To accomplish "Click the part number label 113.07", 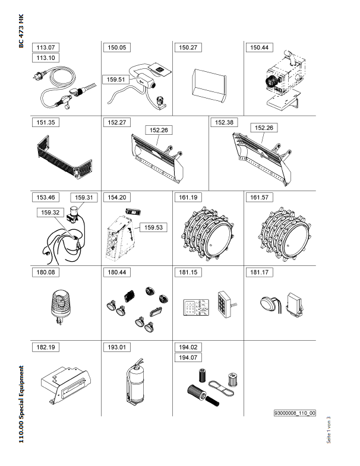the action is tap(46, 47).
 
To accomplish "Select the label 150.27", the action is tap(188, 47).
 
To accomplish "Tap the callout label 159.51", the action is tap(116, 80).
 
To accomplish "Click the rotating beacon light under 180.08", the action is tap(61, 307).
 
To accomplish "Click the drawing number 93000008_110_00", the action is tap(295, 413).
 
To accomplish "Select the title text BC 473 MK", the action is tap(21, 31).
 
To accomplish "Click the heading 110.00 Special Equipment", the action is tap(21, 404).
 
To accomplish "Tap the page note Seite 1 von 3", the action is tap(329, 430).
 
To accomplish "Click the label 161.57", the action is tap(259, 197).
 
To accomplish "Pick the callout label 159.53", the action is tap(153, 227).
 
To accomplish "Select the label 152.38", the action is tap(224, 122).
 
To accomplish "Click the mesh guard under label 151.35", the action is tap(64, 157).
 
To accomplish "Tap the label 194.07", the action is tap(188, 357).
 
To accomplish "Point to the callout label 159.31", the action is tap(84, 197).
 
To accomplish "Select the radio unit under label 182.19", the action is tap(66, 385).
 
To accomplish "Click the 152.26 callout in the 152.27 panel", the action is tap(159, 130).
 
